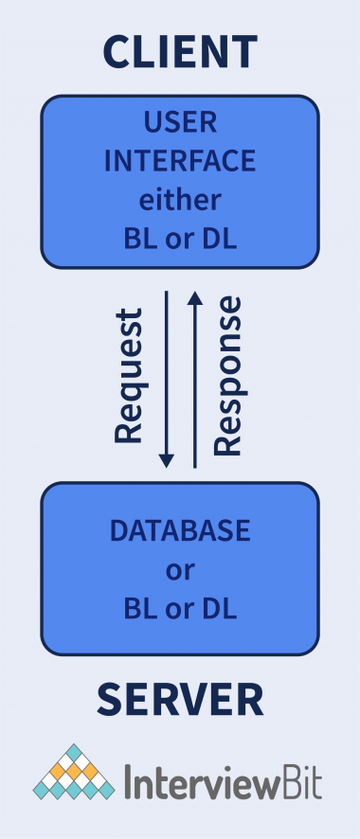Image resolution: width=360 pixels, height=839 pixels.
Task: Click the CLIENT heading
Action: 180,51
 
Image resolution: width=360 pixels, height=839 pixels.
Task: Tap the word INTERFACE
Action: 180,161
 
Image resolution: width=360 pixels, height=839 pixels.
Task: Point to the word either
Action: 180,200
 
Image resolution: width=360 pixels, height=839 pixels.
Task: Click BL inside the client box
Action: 138,239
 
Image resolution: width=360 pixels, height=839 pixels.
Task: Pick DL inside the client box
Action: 220,239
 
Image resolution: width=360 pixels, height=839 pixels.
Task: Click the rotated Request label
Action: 128,375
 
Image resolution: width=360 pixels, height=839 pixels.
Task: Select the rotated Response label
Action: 228,375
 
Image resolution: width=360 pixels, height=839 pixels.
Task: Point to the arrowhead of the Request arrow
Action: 167,460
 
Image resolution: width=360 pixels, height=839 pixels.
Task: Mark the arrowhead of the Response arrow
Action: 195,297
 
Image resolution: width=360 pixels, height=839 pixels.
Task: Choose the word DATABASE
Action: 180,531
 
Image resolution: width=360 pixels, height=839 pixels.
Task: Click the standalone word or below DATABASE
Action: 180,569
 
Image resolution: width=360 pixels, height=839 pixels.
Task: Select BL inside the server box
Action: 138,607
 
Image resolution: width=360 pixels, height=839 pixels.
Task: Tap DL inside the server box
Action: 220,607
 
